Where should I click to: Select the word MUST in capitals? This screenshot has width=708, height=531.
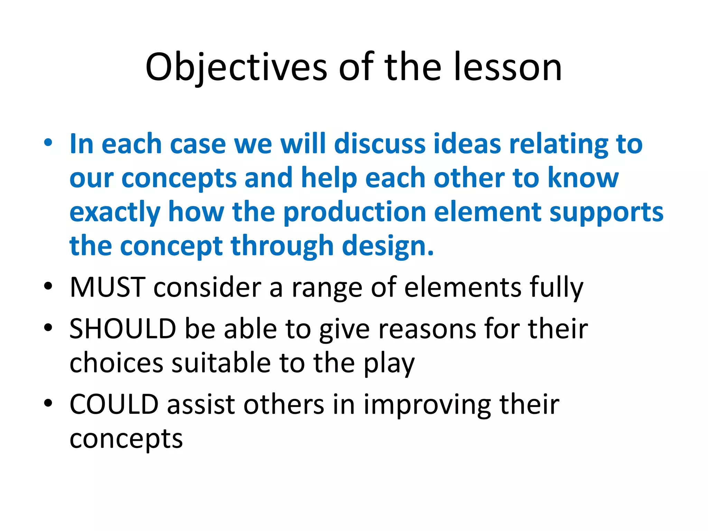tap(107, 287)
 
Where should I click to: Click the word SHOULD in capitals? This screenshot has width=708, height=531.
tap(123, 329)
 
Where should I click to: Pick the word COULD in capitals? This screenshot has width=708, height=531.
tap(114, 404)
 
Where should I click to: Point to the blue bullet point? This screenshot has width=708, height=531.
tap(48, 143)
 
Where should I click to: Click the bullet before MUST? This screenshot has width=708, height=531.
tap(48, 286)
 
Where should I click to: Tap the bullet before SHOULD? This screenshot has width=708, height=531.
tap(48, 327)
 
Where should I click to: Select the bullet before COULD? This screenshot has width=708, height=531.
tap(48, 403)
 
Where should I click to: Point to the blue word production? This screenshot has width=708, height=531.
tap(354, 212)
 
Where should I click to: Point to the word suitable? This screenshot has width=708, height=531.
tap(221, 363)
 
